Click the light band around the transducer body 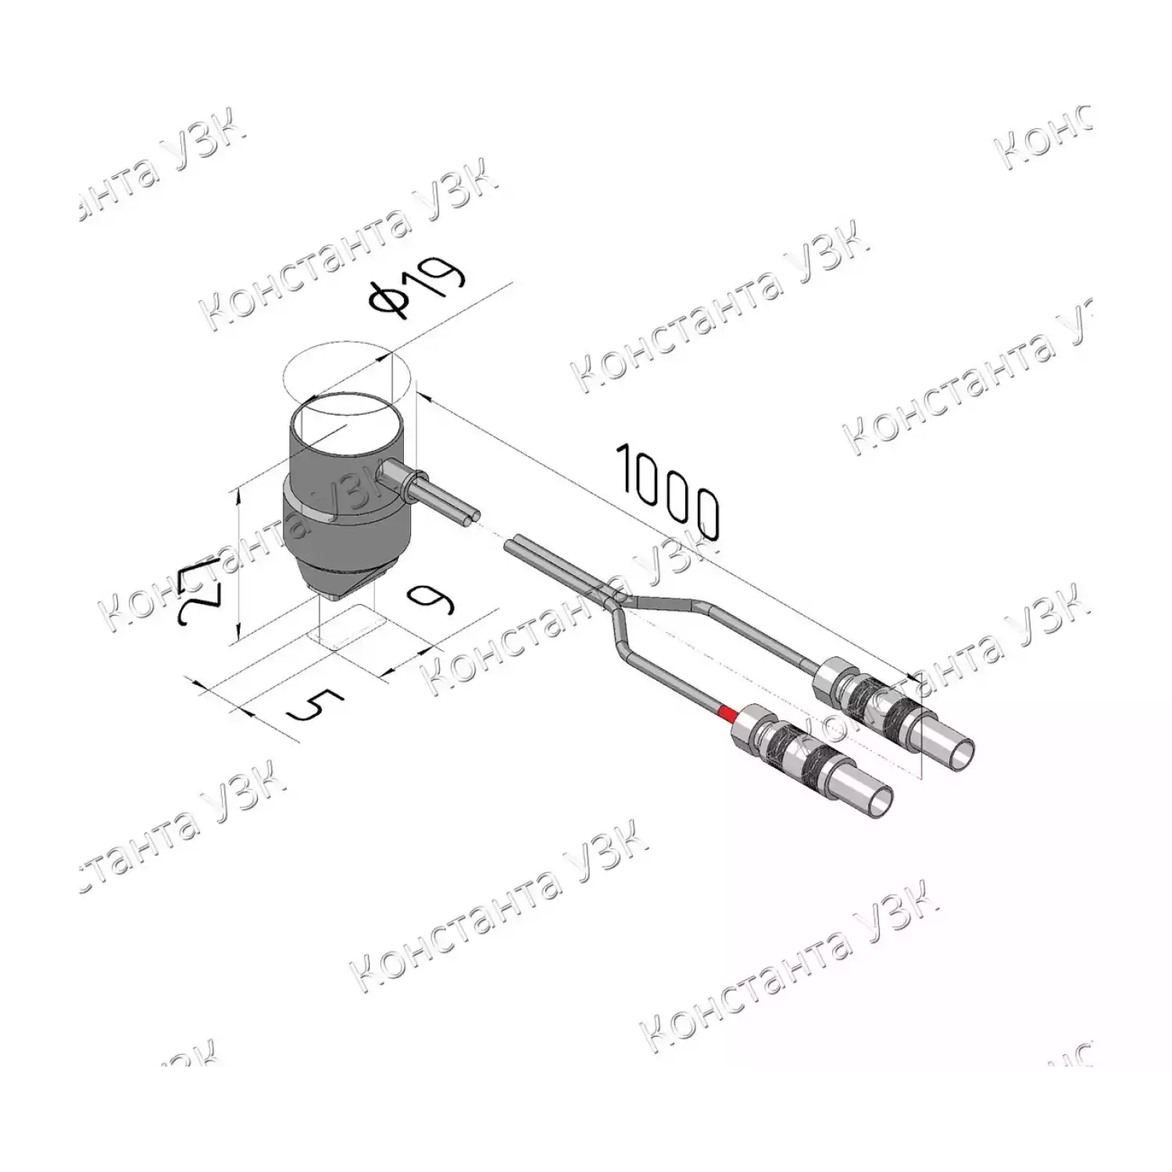(344, 512)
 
